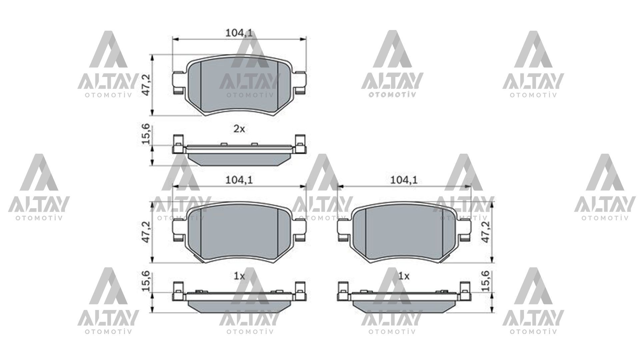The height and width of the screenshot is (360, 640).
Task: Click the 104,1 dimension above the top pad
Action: pos(239,33)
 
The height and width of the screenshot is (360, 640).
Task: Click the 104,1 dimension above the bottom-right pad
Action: pos(404,180)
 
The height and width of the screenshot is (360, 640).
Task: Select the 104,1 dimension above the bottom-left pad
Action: pos(239,180)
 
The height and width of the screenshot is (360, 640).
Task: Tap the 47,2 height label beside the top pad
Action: pos(147,85)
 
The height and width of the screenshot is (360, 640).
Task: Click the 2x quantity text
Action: pos(239,129)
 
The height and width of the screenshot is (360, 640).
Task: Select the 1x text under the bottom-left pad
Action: pos(239,276)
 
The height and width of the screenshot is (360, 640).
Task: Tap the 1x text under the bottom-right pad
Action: pos(404,276)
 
